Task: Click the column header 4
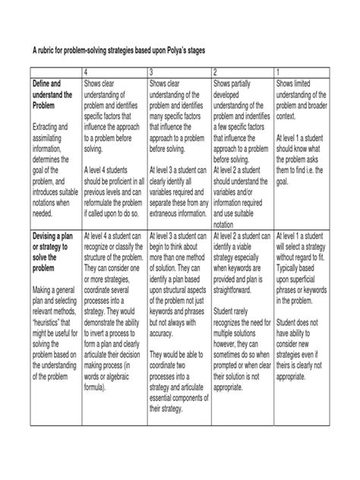[x=87, y=71]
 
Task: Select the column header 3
[x=152, y=71]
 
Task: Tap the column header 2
[x=216, y=71]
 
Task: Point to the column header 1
[x=279, y=71]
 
